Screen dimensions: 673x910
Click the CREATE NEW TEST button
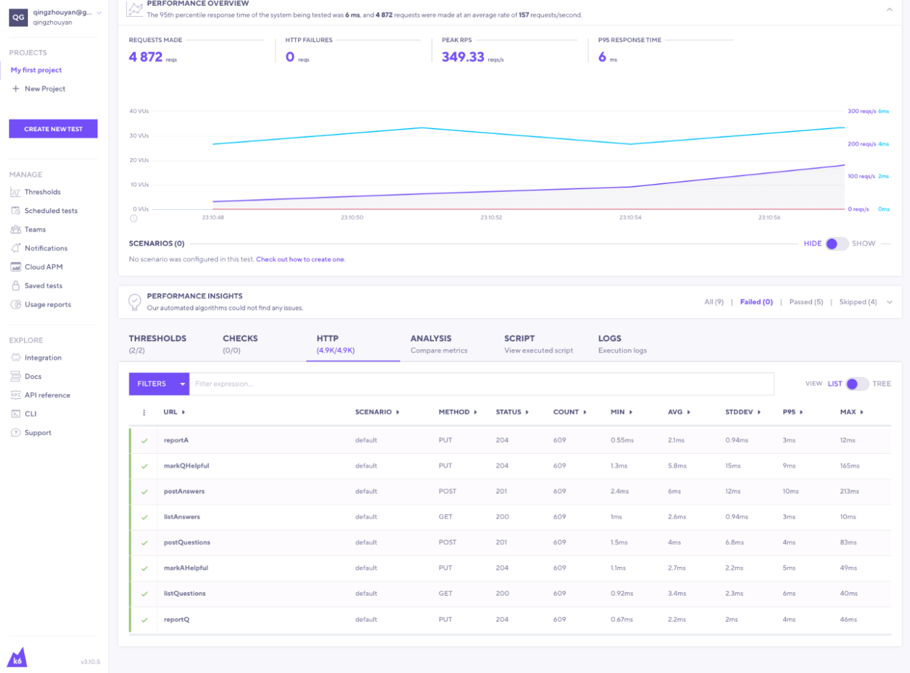click(53, 129)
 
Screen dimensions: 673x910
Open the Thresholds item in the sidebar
click(43, 192)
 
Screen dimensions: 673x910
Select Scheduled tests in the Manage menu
click(51, 211)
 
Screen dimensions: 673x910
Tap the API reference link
click(47, 395)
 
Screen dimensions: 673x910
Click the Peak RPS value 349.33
click(463, 57)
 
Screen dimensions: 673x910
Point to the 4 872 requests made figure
click(146, 57)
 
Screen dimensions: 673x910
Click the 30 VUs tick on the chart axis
click(139, 136)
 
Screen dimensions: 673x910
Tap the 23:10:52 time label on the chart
click(491, 218)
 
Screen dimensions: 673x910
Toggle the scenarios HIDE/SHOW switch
click(837, 244)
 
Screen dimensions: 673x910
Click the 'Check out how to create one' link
click(301, 259)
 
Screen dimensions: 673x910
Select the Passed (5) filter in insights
click(805, 302)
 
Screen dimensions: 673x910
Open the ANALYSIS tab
click(431, 338)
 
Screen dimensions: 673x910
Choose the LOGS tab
click(609, 338)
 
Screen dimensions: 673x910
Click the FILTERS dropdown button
click(159, 384)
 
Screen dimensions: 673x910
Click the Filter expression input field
click(480, 384)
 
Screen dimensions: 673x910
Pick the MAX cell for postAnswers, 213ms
click(849, 491)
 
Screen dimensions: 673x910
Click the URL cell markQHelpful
click(186, 466)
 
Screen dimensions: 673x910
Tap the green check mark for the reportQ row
click(145, 620)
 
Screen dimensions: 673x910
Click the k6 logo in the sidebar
click(17, 658)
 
